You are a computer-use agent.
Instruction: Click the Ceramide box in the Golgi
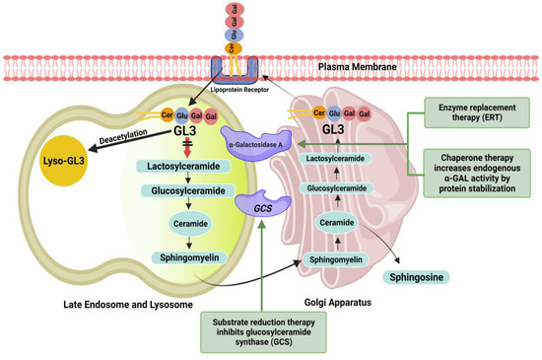click(x=338, y=222)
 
